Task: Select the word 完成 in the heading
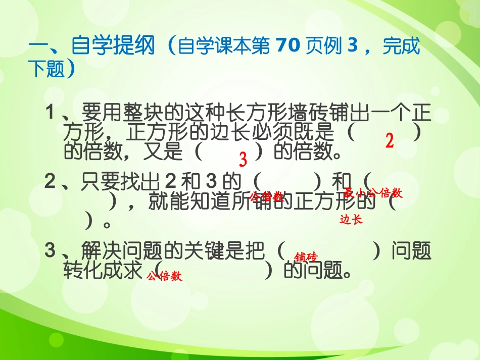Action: tap(401, 47)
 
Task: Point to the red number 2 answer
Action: tap(389, 141)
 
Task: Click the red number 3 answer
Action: tap(243, 160)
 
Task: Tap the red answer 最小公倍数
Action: tap(373, 193)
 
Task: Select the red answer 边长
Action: tap(351, 220)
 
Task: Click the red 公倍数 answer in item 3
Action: tap(164, 276)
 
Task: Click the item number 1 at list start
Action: tap(50, 113)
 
